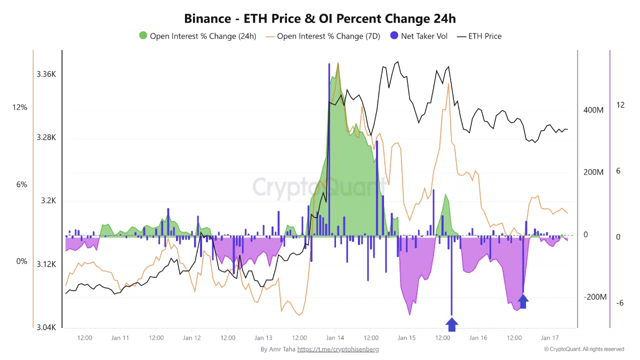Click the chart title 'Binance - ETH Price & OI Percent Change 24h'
[320, 18]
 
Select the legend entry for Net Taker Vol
[419, 36]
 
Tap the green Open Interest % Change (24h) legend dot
[143, 36]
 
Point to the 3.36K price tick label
[46, 74]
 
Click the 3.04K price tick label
[46, 327]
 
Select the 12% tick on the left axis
[20, 107]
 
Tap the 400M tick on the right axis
[593, 110]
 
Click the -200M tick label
[595, 297]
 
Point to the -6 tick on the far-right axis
[619, 303]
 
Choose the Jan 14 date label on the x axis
[335, 337]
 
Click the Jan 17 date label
[550, 337]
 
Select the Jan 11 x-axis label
[120, 337]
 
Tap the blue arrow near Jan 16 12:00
[523, 301]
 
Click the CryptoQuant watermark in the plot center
[319, 187]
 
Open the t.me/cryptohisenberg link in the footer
[337, 349]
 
